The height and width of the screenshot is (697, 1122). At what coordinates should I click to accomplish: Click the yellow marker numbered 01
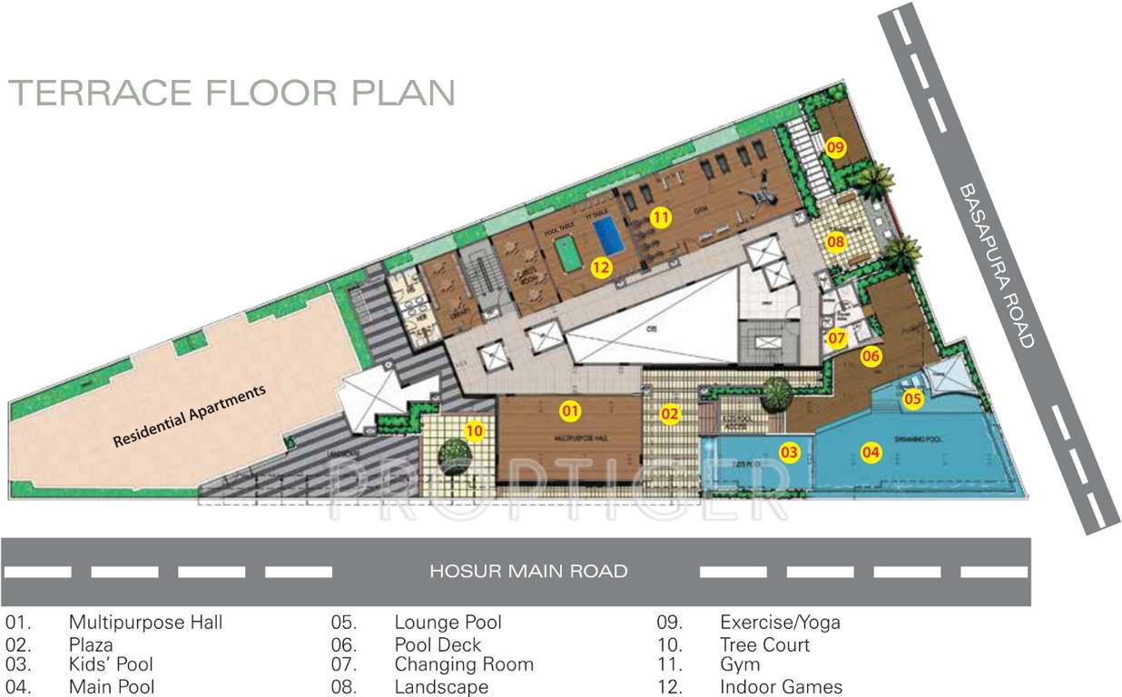pos(570,411)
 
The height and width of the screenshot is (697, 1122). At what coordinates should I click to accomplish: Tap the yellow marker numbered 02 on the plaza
pos(670,415)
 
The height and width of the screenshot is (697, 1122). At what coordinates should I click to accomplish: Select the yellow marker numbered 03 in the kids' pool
pos(790,451)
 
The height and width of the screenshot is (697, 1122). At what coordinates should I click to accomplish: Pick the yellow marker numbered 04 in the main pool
pos(871,451)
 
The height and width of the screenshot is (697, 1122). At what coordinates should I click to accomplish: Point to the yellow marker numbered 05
pos(912,398)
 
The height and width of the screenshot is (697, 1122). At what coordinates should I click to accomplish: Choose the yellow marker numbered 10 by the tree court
pos(474,430)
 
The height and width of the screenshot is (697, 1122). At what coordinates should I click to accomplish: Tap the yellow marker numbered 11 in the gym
pos(660,218)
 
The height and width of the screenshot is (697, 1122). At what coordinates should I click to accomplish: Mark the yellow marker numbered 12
pos(600,267)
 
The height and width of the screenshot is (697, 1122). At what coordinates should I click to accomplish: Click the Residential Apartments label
pos(190,417)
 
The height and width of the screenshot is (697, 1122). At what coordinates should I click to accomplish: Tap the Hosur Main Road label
pos(528,572)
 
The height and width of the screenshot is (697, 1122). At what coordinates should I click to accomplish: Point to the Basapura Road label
pos(995,265)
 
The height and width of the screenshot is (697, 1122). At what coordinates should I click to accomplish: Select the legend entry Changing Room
pos(463,665)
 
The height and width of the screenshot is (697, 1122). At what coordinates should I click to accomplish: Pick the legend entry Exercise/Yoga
pos(779,623)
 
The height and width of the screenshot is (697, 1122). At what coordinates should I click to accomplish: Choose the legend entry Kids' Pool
pos(111,665)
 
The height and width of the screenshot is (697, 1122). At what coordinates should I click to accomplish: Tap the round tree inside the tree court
pos(451,451)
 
